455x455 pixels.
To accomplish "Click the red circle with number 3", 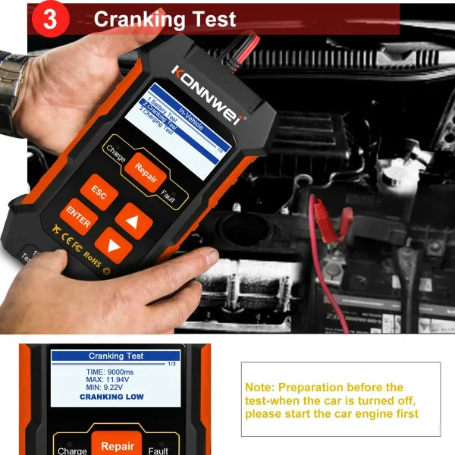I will [51, 20].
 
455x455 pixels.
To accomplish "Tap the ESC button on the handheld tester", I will [99, 193].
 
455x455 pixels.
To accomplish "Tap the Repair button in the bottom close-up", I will [118, 446].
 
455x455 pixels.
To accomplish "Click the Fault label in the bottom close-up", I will [158, 450].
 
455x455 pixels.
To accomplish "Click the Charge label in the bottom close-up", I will [73, 450].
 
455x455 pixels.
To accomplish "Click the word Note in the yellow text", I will [259, 388].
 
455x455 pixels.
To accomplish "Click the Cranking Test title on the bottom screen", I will [116, 356].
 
